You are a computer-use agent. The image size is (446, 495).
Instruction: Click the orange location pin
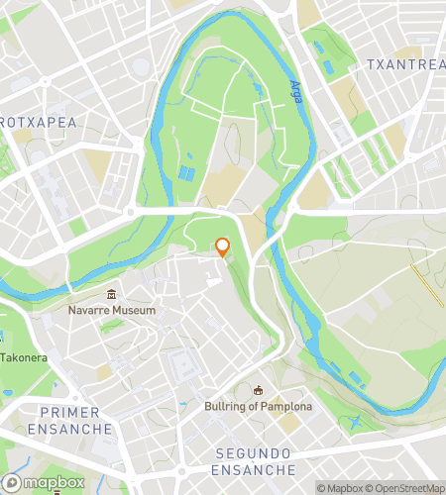pyautogui.click(x=223, y=247)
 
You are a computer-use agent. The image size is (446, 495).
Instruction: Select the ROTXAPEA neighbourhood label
pyautogui.click(x=38, y=121)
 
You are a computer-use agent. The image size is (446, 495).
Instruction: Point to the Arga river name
pyautogui.click(x=295, y=97)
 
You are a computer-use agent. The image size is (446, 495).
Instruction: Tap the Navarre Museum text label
pyautogui.click(x=112, y=311)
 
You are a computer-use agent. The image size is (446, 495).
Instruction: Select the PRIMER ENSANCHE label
pyautogui.click(x=69, y=420)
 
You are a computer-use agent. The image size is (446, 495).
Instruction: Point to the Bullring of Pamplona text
pyautogui.click(x=258, y=407)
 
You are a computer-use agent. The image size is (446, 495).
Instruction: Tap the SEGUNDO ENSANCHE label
pyautogui.click(x=255, y=460)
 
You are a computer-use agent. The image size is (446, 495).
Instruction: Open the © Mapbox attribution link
pyautogui.click(x=340, y=487)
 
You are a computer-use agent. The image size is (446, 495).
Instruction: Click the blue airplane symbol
pyautogui.click(x=354, y=425)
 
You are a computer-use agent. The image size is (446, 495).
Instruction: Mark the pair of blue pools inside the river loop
pyautogui.click(x=185, y=174)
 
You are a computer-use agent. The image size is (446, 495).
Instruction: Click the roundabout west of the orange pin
pyautogui.click(x=130, y=212)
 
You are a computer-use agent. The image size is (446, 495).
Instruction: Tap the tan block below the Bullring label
pyautogui.click(x=289, y=424)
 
